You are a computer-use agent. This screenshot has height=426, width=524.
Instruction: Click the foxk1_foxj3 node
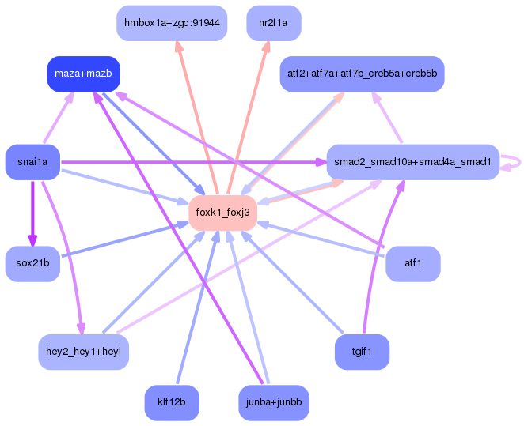[222, 213]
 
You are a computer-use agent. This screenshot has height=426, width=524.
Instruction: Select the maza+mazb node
[83, 74]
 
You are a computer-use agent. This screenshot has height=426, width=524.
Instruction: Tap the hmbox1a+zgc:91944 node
[172, 24]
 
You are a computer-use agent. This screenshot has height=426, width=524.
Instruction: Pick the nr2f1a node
[273, 24]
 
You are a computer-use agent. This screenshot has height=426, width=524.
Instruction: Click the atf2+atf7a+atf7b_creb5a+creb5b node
[362, 74]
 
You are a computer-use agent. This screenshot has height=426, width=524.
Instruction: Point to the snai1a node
[32, 162]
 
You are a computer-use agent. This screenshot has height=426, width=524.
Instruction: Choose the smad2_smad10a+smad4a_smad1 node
[412, 162]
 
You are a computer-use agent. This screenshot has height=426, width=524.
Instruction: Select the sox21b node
[32, 263]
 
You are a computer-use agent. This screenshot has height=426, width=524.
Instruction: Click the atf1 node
[412, 263]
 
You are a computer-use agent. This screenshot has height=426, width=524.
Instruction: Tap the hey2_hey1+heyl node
[83, 351]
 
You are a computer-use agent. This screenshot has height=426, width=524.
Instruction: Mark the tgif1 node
[362, 351]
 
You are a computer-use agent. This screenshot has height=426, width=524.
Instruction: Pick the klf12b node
[172, 402]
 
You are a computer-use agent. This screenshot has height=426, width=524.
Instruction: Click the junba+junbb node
[273, 402]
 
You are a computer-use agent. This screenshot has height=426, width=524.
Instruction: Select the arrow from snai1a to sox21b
[32, 213]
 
